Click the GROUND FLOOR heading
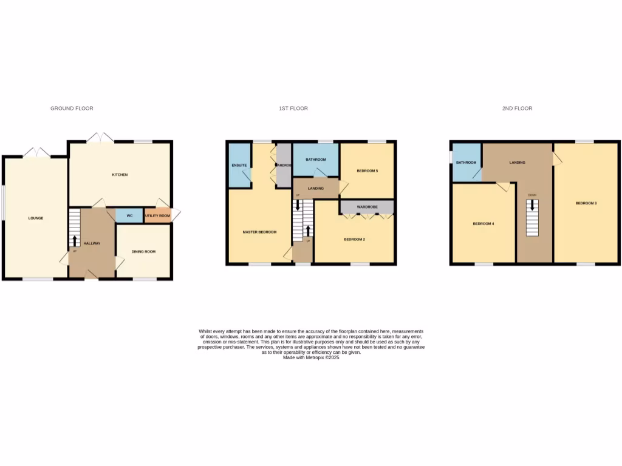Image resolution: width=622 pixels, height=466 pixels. coord(72,109)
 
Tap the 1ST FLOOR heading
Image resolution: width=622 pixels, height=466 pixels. coord(293,109)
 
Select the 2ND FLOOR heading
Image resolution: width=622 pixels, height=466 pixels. coord(517,109)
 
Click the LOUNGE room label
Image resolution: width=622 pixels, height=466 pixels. coord(35,218)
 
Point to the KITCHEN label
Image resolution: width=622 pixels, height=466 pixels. coord(120,175)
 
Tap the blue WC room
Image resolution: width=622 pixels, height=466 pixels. coord(129,215)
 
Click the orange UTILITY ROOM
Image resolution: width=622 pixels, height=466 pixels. coord(157,215)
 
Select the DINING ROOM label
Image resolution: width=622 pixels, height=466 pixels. coord(143,251)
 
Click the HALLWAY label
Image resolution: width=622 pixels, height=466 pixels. coord(92,243)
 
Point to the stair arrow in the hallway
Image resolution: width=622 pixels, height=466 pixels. coord(75,241)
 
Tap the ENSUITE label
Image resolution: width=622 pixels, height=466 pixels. coord(239,165)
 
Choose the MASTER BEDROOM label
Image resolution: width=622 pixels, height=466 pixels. coord(260,232)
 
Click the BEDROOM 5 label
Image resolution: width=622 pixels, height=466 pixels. coord(367,171)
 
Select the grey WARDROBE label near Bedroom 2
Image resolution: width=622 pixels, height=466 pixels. coord(367,208)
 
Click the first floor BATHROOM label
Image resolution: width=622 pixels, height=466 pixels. coord(316,160)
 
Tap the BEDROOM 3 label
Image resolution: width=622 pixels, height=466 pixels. coord(586,203)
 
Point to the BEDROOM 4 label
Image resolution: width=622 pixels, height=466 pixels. coord(484,224)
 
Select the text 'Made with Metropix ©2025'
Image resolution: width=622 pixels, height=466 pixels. coord(311,358)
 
